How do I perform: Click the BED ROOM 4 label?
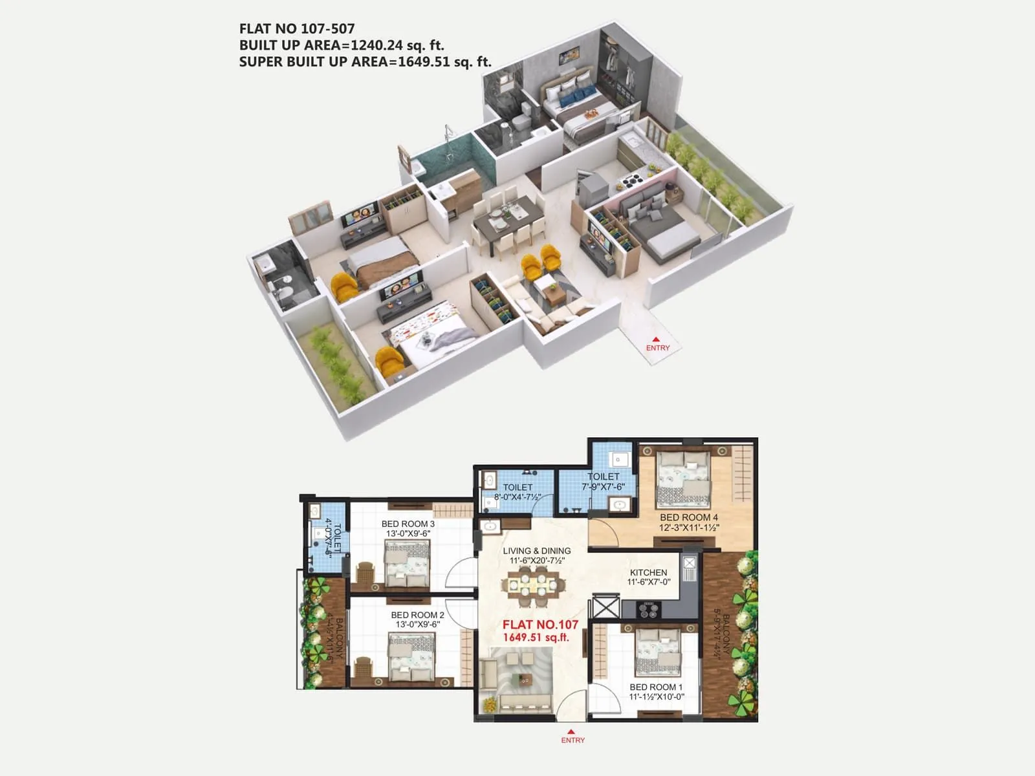[688, 517]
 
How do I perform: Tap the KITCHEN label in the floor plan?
[648, 572]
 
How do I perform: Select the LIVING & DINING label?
[537, 551]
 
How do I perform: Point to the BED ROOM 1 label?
[656, 687]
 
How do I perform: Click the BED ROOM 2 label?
[417, 615]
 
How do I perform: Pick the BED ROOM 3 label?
[408, 524]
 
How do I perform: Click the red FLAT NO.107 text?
[540, 625]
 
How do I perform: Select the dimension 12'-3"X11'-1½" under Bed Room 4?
[689, 528]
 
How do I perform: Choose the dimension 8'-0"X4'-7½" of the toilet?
[517, 497]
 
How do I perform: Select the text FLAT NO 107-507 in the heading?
[297, 28]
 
